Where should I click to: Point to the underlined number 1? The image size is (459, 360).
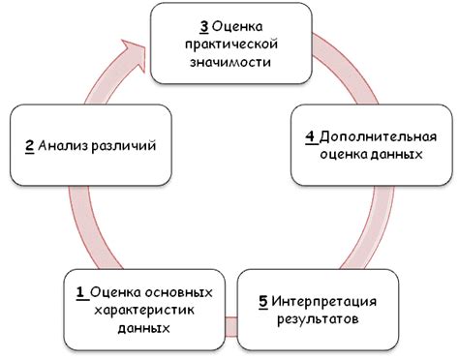[79, 291]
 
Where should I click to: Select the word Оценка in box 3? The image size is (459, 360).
[237, 26]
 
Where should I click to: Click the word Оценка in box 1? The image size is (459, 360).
[114, 291]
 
